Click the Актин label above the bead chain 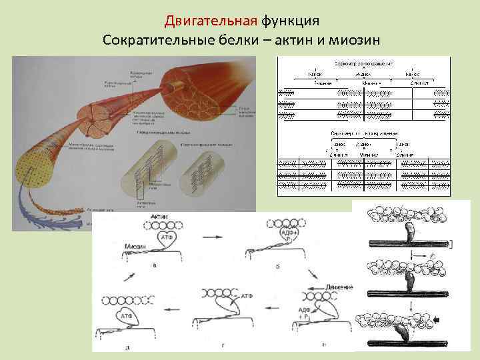[159, 218]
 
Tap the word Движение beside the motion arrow [335, 287]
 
